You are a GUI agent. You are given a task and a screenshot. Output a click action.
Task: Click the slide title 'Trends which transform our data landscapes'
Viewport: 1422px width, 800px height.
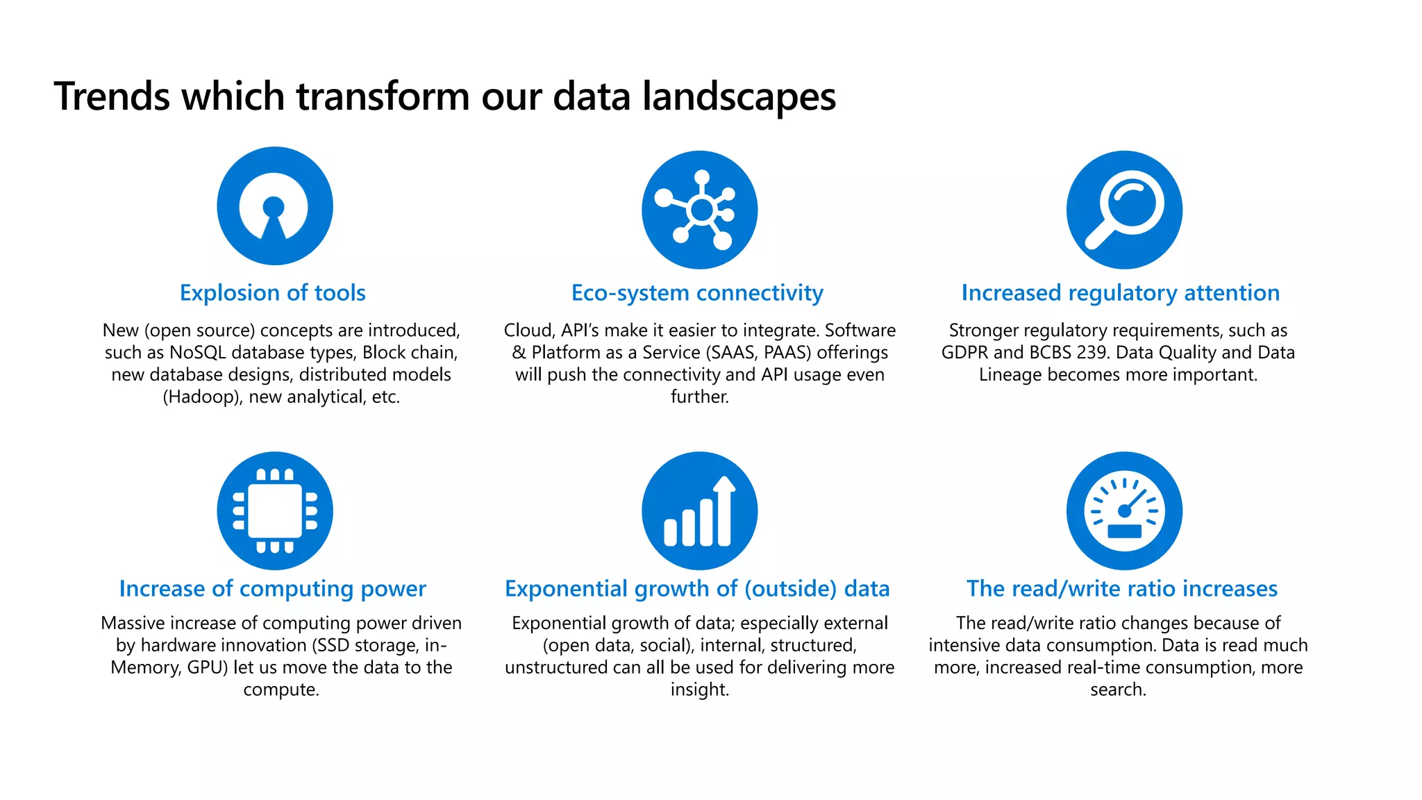point(444,96)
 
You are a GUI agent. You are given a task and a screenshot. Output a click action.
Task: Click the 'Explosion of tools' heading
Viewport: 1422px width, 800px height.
point(272,293)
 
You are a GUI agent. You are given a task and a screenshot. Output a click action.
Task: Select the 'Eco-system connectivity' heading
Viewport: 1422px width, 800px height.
point(697,293)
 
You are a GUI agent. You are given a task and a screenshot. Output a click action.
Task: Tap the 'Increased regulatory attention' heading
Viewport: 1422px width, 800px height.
point(1120,293)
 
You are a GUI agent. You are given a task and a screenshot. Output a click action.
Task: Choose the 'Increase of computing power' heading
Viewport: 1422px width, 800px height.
point(272,589)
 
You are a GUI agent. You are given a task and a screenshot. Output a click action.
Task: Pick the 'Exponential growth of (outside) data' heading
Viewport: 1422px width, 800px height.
point(697,589)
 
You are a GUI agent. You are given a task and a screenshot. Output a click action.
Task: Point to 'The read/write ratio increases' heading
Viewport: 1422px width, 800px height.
point(1121,589)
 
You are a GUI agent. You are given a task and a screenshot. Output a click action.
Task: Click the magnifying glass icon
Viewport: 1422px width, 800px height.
point(1124,209)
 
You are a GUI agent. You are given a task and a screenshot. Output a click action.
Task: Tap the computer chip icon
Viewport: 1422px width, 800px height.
point(275,511)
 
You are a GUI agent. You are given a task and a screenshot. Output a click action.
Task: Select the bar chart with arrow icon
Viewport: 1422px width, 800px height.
point(699,511)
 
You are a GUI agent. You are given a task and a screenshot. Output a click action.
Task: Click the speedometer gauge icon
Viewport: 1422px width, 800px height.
point(1124,511)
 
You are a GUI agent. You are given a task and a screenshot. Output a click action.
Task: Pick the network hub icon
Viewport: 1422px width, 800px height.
point(699,209)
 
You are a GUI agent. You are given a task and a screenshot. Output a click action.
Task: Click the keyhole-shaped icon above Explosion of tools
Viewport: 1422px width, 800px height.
point(275,206)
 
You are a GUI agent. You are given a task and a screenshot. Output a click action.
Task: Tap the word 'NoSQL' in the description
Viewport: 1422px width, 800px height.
point(197,353)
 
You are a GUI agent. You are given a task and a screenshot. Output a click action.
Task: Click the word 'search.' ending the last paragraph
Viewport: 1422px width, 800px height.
point(1118,690)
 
